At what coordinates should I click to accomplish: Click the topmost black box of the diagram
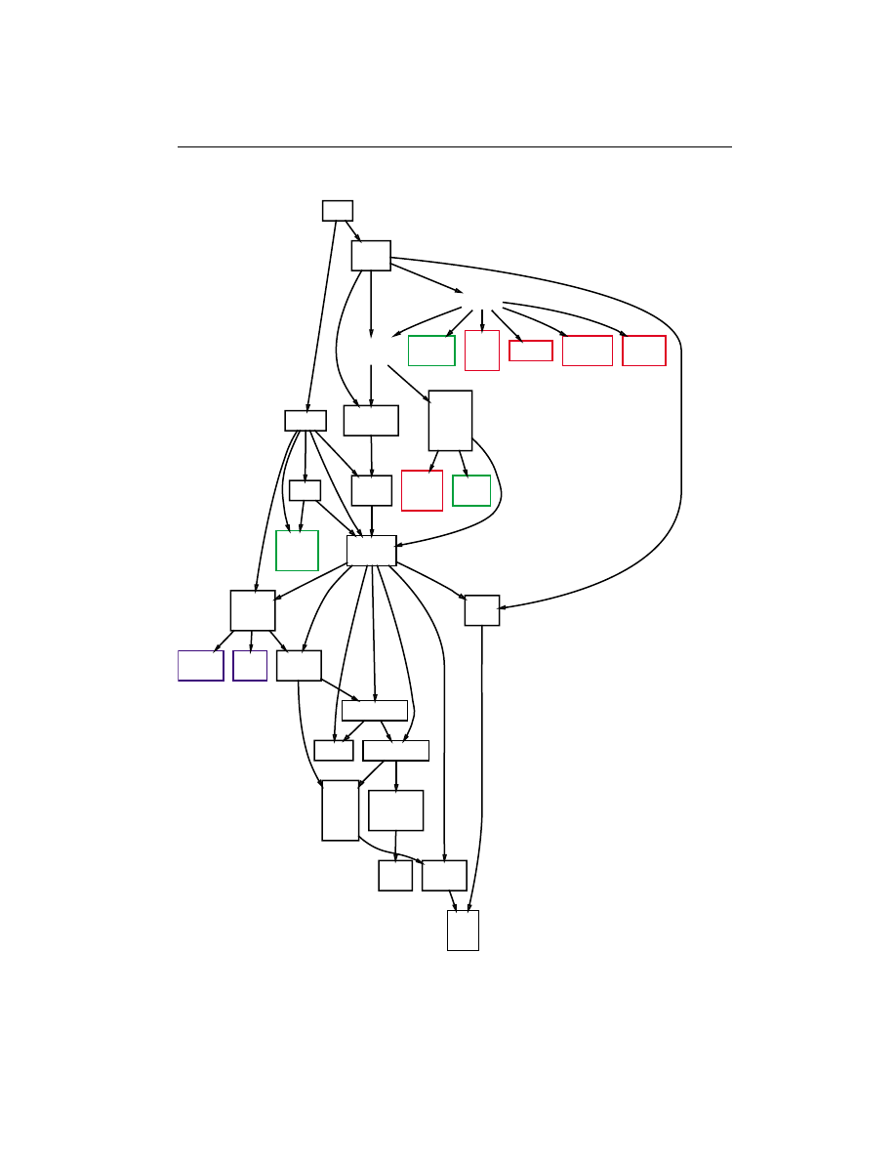click(x=338, y=211)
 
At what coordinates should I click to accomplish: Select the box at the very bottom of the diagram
click(x=463, y=930)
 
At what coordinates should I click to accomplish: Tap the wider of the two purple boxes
click(x=201, y=665)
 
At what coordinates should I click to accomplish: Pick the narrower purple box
click(x=250, y=665)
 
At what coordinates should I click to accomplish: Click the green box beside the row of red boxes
click(x=431, y=351)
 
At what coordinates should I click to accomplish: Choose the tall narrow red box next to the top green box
click(x=482, y=350)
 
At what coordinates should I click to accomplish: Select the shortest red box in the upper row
click(x=531, y=351)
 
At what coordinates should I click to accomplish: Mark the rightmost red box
click(x=644, y=351)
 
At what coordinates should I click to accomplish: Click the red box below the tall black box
click(x=422, y=490)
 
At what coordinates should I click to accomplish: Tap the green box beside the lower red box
click(x=471, y=490)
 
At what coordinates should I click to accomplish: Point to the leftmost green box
click(x=297, y=551)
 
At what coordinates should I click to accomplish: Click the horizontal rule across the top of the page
click(x=454, y=148)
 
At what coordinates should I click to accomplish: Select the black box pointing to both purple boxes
click(x=253, y=610)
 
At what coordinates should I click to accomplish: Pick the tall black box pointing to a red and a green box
click(x=450, y=421)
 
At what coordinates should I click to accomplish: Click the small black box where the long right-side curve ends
click(x=482, y=610)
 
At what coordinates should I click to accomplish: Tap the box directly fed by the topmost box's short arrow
click(x=371, y=255)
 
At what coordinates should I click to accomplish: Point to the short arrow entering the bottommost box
click(x=453, y=899)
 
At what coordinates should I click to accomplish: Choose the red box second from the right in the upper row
click(x=588, y=351)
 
